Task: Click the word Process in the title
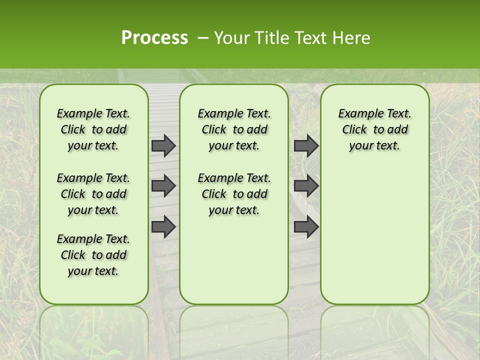(154, 37)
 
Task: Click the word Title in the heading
(270, 37)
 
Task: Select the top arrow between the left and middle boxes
(163, 145)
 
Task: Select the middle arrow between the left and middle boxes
(163, 186)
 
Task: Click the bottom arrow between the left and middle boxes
(163, 226)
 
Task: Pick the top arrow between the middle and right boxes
(306, 145)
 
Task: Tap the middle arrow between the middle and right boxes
(306, 186)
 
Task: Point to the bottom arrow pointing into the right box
(306, 226)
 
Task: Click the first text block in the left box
(93, 129)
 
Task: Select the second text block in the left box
(93, 194)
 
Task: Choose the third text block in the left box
(93, 255)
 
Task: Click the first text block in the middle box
(234, 129)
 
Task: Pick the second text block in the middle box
(234, 194)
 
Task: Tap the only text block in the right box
(374, 129)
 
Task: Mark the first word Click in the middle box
(214, 130)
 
